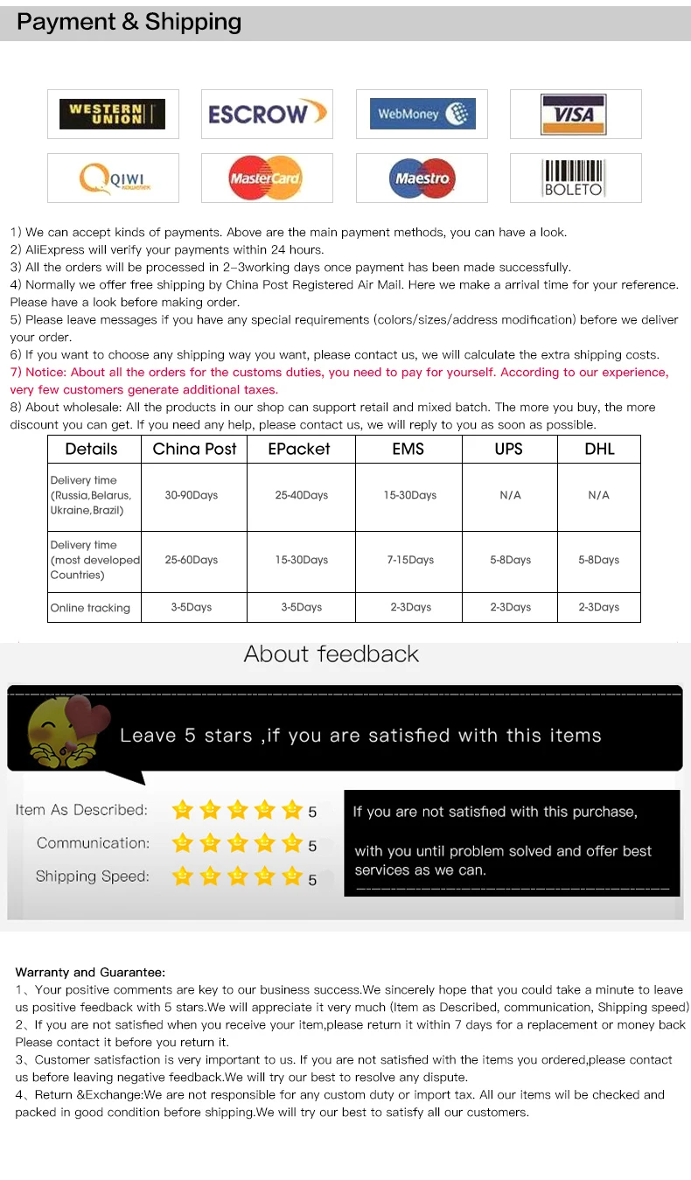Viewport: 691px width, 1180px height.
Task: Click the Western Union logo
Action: tap(112, 114)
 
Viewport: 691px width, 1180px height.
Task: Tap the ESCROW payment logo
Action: tap(267, 114)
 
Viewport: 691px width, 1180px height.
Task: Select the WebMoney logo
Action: tap(422, 114)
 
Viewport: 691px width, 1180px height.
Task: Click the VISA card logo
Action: tap(575, 114)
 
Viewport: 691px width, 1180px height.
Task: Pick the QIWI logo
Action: tap(112, 178)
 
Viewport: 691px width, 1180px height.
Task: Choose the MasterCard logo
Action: tap(266, 178)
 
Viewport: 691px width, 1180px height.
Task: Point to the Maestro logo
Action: tap(422, 178)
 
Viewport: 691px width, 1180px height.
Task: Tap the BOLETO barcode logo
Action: tap(574, 178)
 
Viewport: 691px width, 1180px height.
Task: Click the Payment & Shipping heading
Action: tap(129, 22)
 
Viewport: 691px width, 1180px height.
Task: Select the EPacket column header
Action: tap(300, 449)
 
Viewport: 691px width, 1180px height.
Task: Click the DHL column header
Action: tap(599, 449)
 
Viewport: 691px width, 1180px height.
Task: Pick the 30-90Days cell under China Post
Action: tap(192, 495)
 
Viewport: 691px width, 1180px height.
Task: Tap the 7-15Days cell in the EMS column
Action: tap(408, 560)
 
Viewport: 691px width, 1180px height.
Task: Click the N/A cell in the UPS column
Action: tap(510, 495)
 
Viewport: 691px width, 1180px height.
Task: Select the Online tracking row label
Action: tap(90, 608)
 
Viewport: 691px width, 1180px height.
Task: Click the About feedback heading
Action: tap(332, 653)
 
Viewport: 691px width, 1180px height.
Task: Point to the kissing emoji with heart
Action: tap(65, 728)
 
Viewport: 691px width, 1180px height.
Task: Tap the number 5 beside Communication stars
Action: tap(312, 846)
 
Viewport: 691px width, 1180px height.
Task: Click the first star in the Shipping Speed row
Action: tap(182, 876)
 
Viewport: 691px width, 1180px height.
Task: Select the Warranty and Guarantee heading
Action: tap(90, 972)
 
